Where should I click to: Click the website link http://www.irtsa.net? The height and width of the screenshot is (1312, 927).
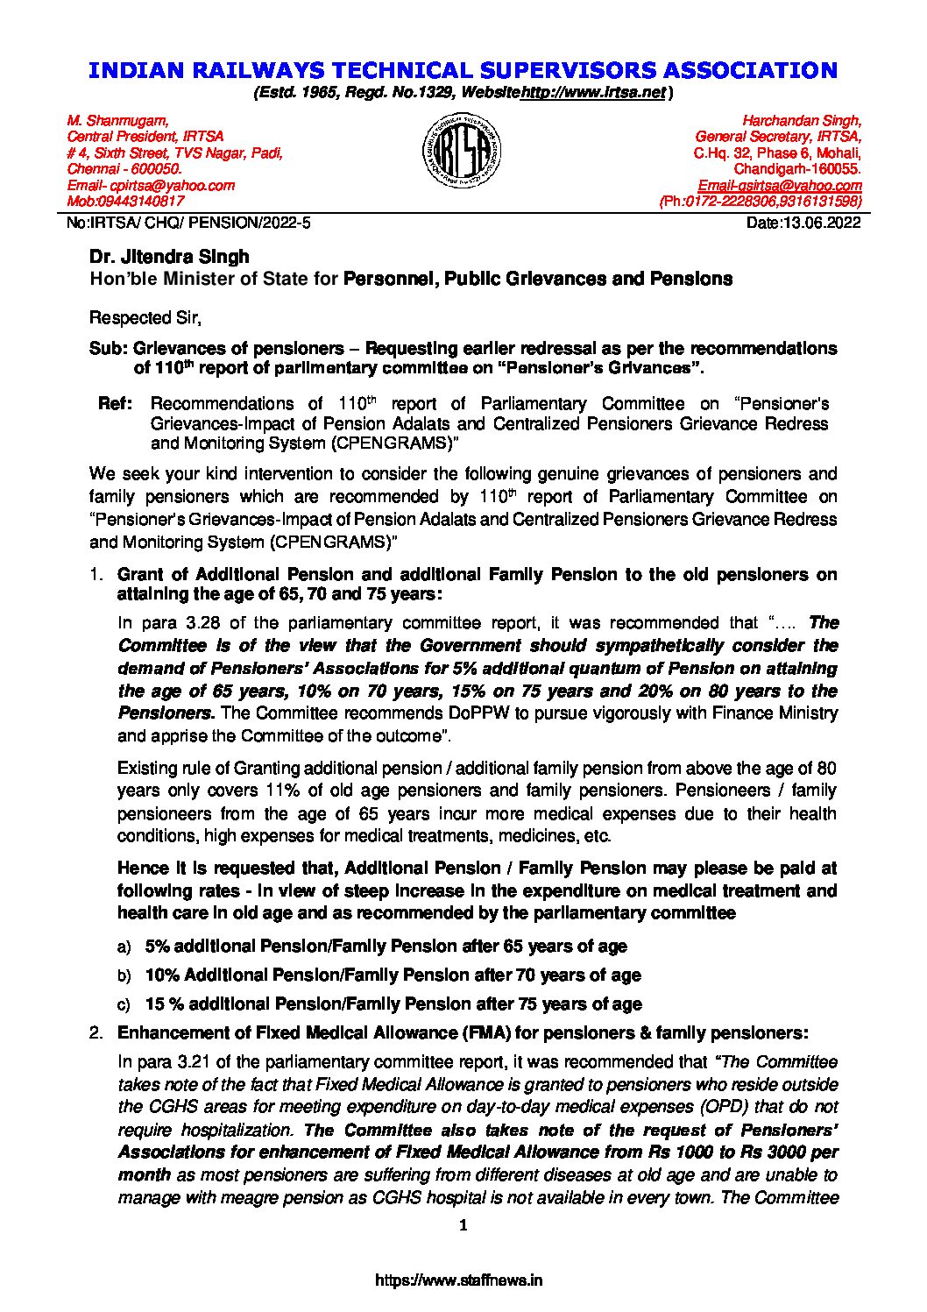pyautogui.click(x=594, y=92)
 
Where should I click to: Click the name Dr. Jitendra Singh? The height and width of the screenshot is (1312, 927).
pyautogui.click(x=169, y=257)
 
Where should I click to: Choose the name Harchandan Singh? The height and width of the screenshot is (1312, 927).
pyautogui.click(x=802, y=120)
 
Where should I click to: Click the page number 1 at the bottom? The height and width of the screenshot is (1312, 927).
pyautogui.click(x=464, y=1225)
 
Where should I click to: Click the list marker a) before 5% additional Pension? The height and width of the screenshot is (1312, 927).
pyautogui.click(x=124, y=947)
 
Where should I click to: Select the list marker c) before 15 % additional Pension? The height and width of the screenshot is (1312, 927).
pyautogui.click(x=124, y=1004)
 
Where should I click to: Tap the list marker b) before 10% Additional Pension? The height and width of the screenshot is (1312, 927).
pyautogui.click(x=124, y=975)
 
